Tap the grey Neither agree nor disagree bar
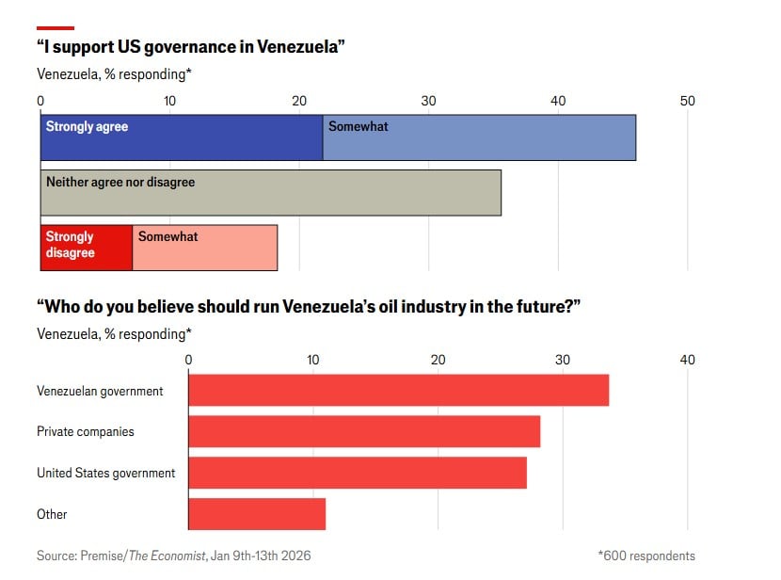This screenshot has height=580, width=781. pos(271,193)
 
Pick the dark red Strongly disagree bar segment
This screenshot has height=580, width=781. pos(87,248)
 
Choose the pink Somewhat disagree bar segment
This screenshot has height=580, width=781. pos(205,248)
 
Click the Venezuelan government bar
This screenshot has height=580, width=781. pos(398,391)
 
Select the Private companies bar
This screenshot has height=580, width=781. pos(364,431)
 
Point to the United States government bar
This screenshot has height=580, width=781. pos(358,473)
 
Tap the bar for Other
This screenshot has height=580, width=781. pos(257,514)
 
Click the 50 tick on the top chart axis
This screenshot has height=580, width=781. pos(688,102)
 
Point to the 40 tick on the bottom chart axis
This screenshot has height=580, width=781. pos(688,360)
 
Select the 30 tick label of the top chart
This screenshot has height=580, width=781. pos(428,102)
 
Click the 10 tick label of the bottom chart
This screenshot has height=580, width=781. pos(313,360)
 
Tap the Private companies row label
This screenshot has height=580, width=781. pos(86,431)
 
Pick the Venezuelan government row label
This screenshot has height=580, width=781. pos(100,391)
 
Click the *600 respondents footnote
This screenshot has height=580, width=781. pos(646,556)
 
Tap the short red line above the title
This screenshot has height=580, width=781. pos(56,28)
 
